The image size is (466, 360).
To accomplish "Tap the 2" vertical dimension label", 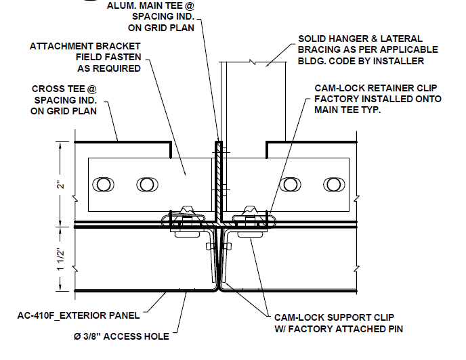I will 60,183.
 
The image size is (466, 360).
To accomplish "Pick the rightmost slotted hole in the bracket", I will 332,184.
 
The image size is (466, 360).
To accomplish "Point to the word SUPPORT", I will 345,317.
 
